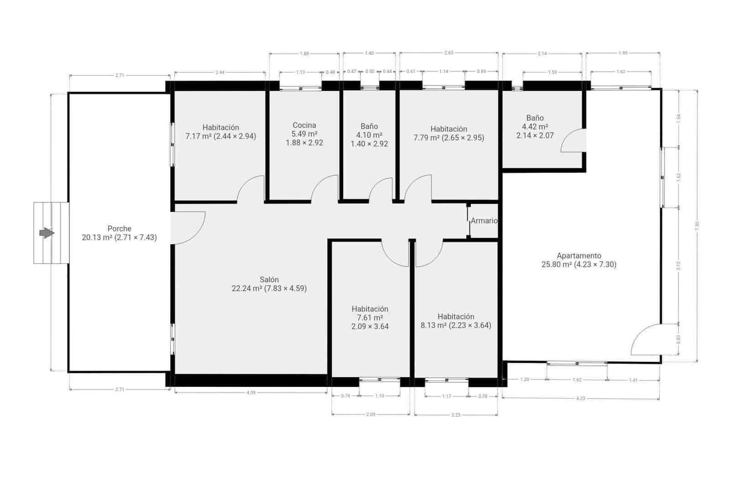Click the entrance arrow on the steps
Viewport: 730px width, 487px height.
pyautogui.click(x=47, y=233)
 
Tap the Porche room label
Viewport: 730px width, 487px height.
pyautogui.click(x=119, y=233)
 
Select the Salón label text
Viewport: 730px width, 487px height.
pyautogui.click(x=269, y=284)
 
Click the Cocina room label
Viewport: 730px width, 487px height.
pyautogui.click(x=304, y=133)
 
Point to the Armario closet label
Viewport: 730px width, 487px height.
pyautogui.click(x=484, y=221)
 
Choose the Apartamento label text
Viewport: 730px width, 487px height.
pyautogui.click(x=579, y=260)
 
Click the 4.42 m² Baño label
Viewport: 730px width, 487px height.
pyautogui.click(x=535, y=127)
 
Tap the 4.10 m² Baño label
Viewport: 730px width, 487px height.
pyautogui.click(x=369, y=135)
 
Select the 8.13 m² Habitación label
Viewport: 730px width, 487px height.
pyautogui.click(x=456, y=321)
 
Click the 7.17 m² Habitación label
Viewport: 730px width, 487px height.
pyautogui.click(x=221, y=132)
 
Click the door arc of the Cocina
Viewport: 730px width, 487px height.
pyautogui.click(x=325, y=188)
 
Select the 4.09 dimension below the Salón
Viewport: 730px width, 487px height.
pyautogui.click(x=250, y=392)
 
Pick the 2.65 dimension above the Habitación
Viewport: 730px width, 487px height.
pyautogui.click(x=448, y=53)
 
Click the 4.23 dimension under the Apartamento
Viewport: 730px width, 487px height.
pyautogui.click(x=580, y=398)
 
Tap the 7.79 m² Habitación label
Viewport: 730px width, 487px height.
pyautogui.click(x=448, y=133)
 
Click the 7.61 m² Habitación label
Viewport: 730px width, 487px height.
pyautogui.click(x=370, y=318)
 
